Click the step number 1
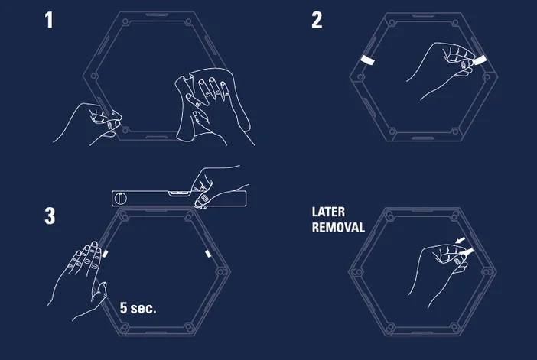tap(50, 20)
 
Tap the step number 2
tap(317, 20)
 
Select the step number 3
tap(50, 216)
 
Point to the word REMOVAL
tap(338, 227)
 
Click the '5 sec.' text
tap(138, 308)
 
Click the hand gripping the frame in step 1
tap(88, 120)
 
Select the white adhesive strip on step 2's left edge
tap(367, 60)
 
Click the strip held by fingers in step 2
tap(480, 58)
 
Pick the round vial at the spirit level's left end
tap(119, 197)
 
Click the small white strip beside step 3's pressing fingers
tap(107, 251)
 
